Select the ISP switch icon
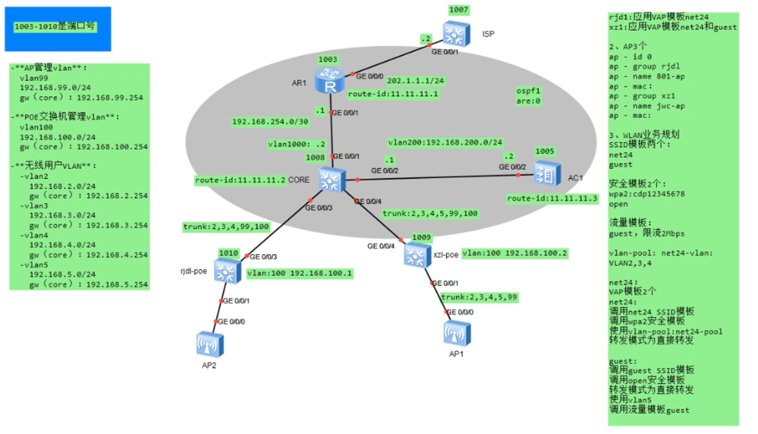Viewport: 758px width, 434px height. [457, 33]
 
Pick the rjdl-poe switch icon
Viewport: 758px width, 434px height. [227, 270]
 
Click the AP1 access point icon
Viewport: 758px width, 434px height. [455, 333]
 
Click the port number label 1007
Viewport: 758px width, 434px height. [459, 10]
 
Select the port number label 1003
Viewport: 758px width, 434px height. [328, 59]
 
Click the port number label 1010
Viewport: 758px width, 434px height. [229, 253]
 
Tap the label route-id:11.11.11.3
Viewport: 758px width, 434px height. [552, 199]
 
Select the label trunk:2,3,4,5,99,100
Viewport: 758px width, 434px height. [430, 213]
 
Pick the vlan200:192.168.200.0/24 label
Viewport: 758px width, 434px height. [446, 142]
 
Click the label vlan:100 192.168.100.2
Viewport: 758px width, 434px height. [515, 253]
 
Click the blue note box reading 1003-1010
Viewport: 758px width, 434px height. [57, 28]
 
